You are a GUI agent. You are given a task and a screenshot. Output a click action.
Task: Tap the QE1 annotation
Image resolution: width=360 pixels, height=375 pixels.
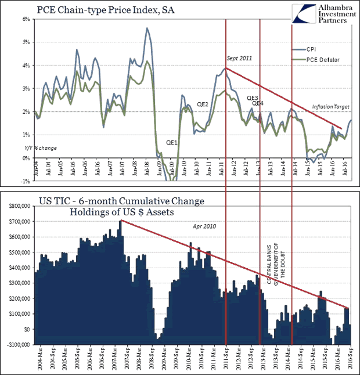point(172,142)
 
